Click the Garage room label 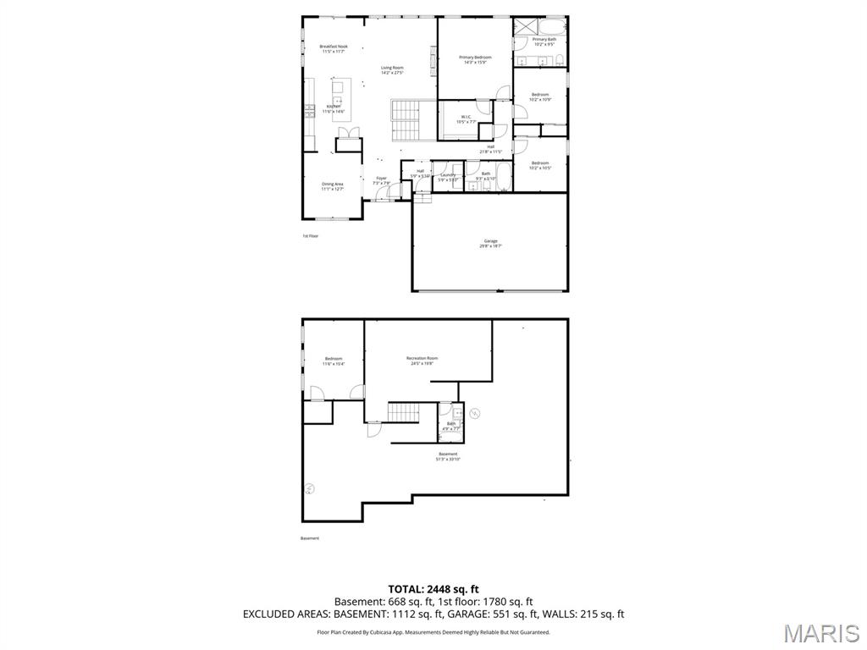(491, 243)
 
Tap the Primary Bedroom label (475, 59)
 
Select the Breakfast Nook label (334, 48)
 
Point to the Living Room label (392, 70)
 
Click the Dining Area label (332, 186)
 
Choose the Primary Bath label (544, 41)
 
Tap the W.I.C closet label (467, 118)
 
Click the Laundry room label (448, 177)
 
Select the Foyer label (382, 180)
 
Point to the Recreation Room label (422, 361)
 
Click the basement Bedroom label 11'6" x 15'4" (334, 361)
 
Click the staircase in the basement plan (404, 412)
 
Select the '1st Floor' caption (311, 236)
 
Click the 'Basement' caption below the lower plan (310, 538)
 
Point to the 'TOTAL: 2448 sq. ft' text (433, 589)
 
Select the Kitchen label (334, 108)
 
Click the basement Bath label (450, 426)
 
